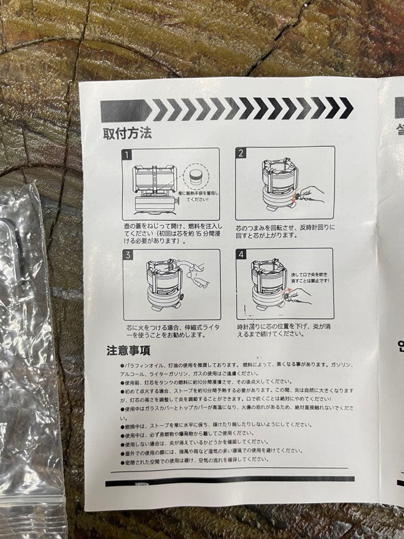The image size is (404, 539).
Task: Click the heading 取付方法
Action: point(127,134)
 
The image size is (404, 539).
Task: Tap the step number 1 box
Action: point(128,154)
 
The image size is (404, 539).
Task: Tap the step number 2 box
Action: point(241,153)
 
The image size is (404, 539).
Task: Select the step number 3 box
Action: point(129,256)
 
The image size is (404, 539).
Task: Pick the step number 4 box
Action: point(242,255)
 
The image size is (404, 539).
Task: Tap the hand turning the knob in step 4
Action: point(299,294)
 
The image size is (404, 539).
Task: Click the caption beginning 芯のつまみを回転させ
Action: point(286,231)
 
